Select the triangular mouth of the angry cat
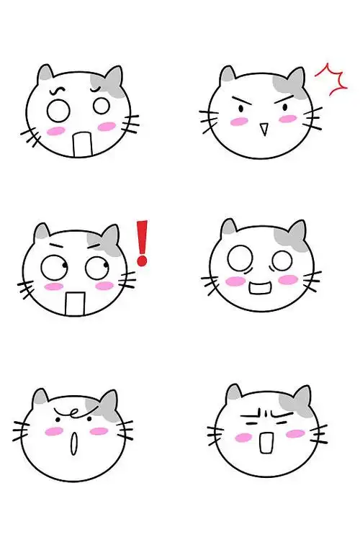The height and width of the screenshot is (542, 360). (264, 130)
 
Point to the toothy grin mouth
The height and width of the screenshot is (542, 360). (261, 290)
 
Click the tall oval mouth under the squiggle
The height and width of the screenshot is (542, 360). (72, 443)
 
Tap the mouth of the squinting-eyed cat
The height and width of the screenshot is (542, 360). (266, 443)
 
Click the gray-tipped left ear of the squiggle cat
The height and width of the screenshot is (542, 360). (41, 398)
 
